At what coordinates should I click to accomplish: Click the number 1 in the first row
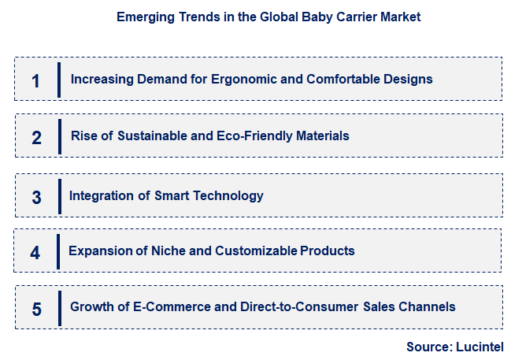[35, 80]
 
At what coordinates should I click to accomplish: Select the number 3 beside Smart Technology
[36, 197]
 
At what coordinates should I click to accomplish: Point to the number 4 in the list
[35, 253]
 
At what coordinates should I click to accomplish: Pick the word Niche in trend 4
[153, 251]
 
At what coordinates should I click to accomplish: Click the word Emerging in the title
[142, 17]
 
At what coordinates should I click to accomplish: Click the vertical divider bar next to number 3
[60, 196]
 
